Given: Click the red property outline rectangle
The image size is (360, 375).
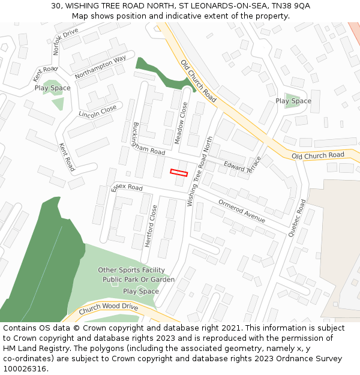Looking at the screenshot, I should point(179,173).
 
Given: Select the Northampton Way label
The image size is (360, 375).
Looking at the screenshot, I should point(100,67).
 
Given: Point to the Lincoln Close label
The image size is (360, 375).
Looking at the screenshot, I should point(98,111).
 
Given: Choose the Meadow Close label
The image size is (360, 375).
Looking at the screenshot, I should point(181,122).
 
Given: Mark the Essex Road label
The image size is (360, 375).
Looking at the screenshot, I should point(127,188).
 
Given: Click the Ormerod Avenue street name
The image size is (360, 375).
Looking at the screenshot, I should point(241,211).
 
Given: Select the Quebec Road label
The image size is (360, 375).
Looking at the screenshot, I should point(297,218).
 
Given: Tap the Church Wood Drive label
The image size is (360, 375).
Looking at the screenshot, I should point(108,307).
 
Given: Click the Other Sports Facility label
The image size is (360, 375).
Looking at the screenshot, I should point(131,270).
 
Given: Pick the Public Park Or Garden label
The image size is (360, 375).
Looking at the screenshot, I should point(139,280).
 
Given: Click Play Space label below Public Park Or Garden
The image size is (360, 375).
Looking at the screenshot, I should point(141,291).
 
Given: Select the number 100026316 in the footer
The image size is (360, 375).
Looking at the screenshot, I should point(25,369).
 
